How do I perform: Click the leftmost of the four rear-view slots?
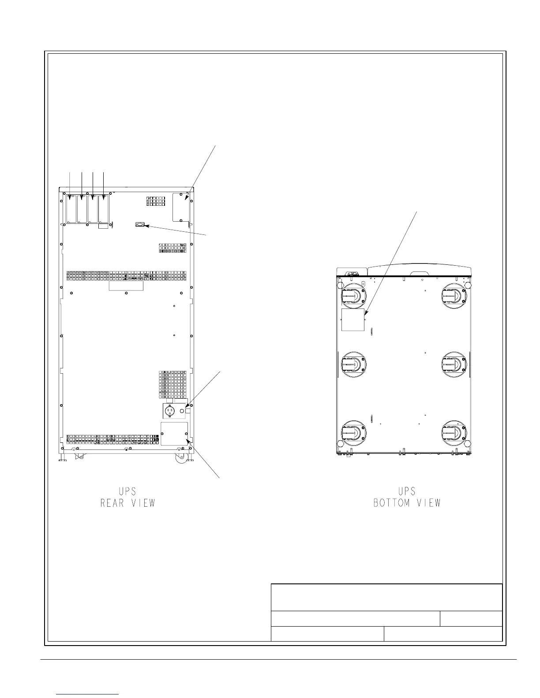[71, 209]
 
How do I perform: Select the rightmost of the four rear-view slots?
[104, 209]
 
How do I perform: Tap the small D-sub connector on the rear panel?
[139, 225]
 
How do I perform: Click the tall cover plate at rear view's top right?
[181, 207]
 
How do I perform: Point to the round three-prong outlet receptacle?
[170, 411]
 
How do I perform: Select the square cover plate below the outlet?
[174, 434]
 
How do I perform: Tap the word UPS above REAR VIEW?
[127, 491]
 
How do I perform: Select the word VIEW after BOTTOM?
[429, 503]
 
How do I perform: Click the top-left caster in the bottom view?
[353, 296]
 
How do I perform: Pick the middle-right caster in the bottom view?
[454, 364]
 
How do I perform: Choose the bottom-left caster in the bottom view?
[353, 432]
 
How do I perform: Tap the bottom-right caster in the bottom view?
[454, 432]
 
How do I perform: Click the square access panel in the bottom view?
[353, 320]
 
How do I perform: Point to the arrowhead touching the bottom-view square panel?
[366, 312]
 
